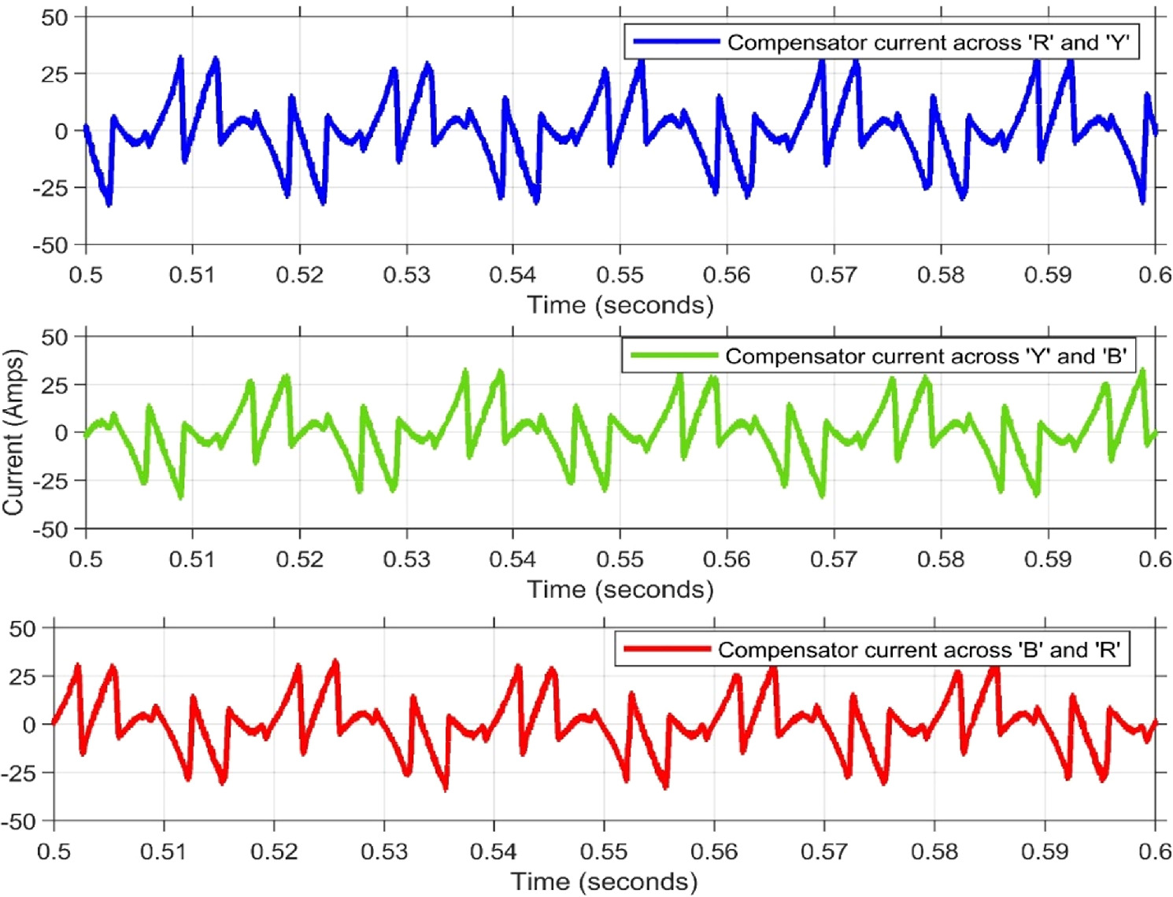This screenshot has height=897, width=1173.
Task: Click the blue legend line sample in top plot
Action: click(x=676, y=42)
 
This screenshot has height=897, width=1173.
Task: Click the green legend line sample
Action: click(x=674, y=356)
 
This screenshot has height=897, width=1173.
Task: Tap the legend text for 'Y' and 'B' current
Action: click(x=926, y=356)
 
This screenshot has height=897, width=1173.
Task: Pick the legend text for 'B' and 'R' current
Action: click(x=919, y=650)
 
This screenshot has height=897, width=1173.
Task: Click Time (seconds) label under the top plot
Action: click(x=620, y=305)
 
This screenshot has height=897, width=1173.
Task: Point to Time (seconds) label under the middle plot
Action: click(x=620, y=589)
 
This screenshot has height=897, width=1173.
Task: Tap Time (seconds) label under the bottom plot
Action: click(x=604, y=881)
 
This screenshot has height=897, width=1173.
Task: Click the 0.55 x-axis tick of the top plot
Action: click(x=620, y=275)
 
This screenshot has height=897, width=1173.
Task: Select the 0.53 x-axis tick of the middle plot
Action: click(x=406, y=559)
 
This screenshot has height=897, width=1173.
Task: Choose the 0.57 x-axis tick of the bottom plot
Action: click(x=823, y=851)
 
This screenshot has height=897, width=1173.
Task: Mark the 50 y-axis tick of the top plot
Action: click(x=54, y=17)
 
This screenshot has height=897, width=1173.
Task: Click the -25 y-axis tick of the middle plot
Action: click(x=50, y=481)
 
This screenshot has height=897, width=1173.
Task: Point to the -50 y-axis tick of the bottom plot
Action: click(x=19, y=821)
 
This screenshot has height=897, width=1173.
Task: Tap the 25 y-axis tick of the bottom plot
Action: click(x=23, y=677)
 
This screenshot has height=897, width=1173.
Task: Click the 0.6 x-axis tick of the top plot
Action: click(x=1155, y=275)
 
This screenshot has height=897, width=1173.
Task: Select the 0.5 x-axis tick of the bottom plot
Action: click(x=54, y=851)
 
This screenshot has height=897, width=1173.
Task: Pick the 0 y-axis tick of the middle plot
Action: click(x=61, y=433)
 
